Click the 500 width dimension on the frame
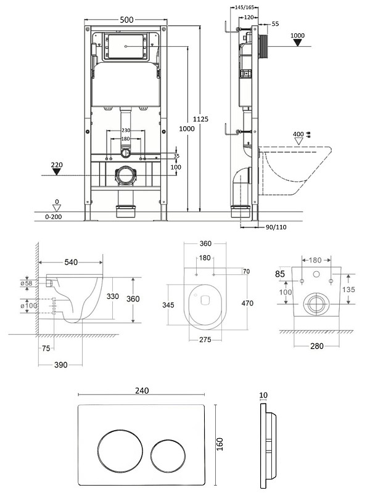point(127,20)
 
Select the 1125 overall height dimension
point(200,119)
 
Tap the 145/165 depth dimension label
point(244,7)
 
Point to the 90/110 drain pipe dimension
point(276,227)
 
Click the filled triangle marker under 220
point(57,172)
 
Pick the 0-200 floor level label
point(54,217)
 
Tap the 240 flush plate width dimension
point(142,391)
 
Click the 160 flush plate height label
point(220,444)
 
